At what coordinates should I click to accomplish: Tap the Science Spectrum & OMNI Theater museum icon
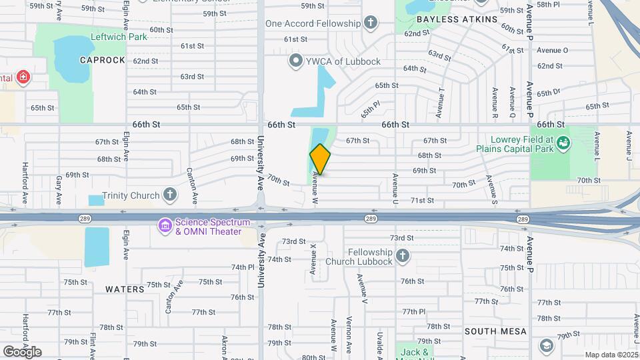tap(164, 226)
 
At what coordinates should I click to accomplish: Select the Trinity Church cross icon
tap(171, 195)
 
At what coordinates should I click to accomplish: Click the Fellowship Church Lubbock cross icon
tap(402, 256)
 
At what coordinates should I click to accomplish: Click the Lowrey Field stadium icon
tap(563, 143)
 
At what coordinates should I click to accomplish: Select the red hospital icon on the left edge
tap(24, 78)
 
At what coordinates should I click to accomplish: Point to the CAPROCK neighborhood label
tap(103, 60)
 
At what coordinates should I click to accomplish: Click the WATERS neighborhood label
tap(125, 289)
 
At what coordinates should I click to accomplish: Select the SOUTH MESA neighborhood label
tap(496, 331)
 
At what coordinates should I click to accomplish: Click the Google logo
tap(22, 351)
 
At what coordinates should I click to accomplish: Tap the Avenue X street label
tap(313, 259)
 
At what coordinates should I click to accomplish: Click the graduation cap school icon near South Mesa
tap(547, 345)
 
